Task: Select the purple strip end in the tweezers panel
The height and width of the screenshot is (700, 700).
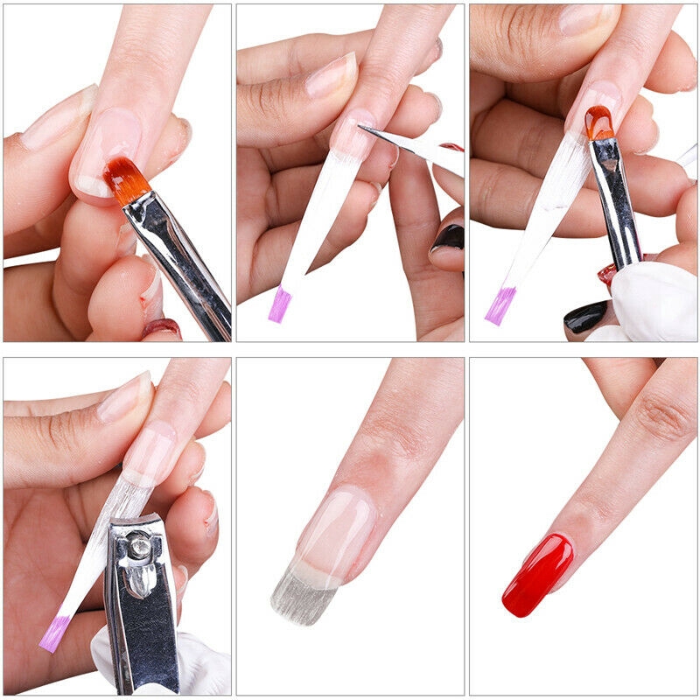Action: [x=279, y=304]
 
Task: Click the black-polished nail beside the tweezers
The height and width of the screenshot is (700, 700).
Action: [x=448, y=238]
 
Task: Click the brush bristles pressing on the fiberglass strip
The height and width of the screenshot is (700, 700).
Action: [x=599, y=123]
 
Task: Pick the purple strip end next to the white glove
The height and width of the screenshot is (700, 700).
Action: [x=500, y=305]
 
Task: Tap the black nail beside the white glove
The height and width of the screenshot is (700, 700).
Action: [x=584, y=316]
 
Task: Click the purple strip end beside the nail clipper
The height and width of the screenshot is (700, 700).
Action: [x=54, y=633]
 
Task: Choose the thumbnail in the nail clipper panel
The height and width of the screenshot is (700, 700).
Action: [x=122, y=399]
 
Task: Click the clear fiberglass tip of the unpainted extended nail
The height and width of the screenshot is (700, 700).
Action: [x=303, y=594]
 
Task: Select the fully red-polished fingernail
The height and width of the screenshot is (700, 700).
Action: [x=537, y=574]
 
